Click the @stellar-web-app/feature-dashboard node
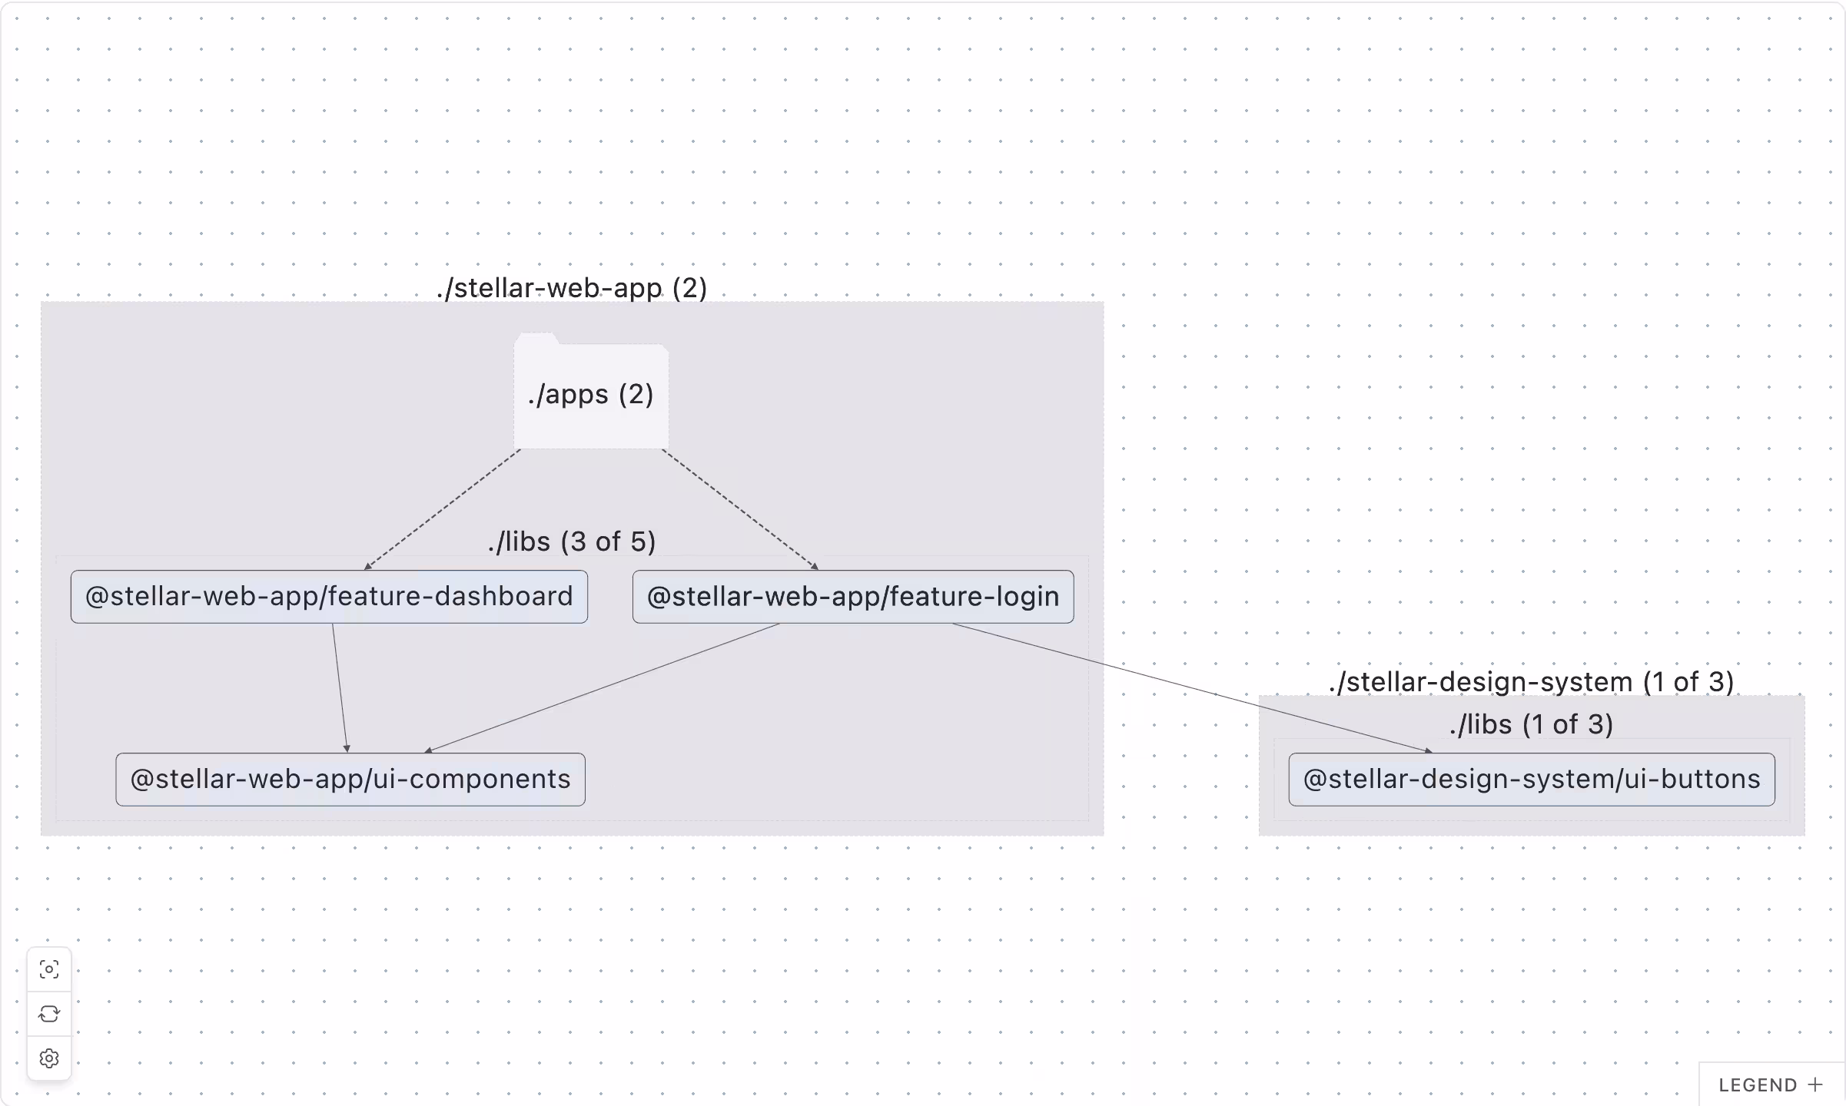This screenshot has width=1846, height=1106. pyautogui.click(x=329, y=597)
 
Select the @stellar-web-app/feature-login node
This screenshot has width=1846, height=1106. pyautogui.click(x=853, y=597)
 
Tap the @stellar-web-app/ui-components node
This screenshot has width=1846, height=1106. pyautogui.click(x=350, y=780)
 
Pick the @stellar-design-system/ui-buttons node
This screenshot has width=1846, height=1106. pyautogui.click(x=1531, y=780)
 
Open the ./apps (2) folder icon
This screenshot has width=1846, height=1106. pyautogui.click(x=590, y=393)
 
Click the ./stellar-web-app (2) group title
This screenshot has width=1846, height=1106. pyautogui.click(x=572, y=288)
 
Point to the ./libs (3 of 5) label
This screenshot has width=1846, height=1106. pyautogui.click(x=572, y=541)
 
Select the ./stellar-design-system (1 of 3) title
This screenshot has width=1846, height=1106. pyautogui.click(x=1531, y=681)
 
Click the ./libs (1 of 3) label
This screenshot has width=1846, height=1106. pyautogui.click(x=1531, y=724)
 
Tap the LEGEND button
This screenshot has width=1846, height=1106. pyautogui.click(x=1758, y=1085)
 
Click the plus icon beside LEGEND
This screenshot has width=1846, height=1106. pyautogui.click(x=1816, y=1084)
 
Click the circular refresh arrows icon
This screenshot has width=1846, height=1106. pyautogui.click(x=49, y=1014)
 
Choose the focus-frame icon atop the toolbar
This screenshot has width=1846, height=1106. pyautogui.click(x=49, y=969)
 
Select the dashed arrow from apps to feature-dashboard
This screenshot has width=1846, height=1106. pyautogui.click(x=443, y=510)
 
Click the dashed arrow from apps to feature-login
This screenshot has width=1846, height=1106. pyautogui.click(x=739, y=510)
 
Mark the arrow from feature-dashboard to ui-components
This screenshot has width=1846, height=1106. pyautogui.click(x=340, y=687)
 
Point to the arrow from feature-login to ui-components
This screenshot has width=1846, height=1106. pyautogui.click(x=603, y=687)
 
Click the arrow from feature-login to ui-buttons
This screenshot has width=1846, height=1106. pyautogui.click(x=1191, y=687)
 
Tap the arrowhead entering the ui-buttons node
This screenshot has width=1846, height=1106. pyautogui.click(x=1428, y=750)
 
